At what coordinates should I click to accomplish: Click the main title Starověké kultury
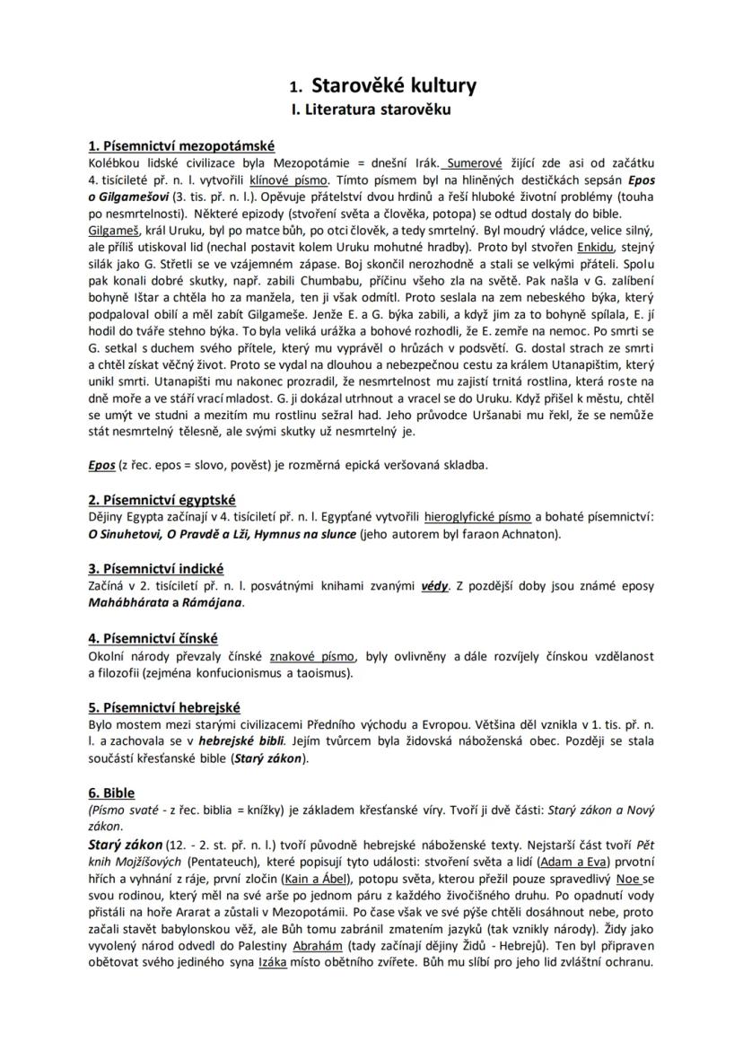pyautogui.click(x=393, y=86)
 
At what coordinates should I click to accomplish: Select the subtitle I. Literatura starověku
pyautogui.click(x=371, y=110)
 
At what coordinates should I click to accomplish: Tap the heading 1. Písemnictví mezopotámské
pyautogui.click(x=181, y=146)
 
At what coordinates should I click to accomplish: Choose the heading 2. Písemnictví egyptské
pyautogui.click(x=162, y=499)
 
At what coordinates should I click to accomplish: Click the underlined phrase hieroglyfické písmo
pyautogui.click(x=478, y=516)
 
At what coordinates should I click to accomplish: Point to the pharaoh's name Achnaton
pyautogui.click(x=529, y=534)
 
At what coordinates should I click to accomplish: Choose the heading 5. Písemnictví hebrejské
pyautogui.click(x=164, y=707)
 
